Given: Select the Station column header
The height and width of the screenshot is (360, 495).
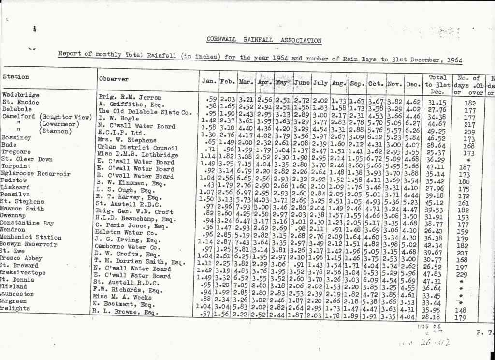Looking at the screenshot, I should pyautogui.click(x=16, y=77).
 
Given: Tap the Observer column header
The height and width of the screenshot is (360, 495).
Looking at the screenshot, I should pyautogui.click(x=114, y=79).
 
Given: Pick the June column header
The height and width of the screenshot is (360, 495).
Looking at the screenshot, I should pyautogui.click(x=302, y=82).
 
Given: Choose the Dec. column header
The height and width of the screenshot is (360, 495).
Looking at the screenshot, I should pyautogui.click(x=413, y=84).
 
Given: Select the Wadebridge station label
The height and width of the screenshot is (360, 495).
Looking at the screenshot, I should pyautogui.click(x=21, y=95).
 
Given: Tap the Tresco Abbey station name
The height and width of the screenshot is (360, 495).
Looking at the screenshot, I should pyautogui.click(x=21, y=258).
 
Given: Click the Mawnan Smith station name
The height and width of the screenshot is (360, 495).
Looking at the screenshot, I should pyautogui.click(x=22, y=209).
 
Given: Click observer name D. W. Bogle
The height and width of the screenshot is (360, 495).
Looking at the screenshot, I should pyautogui.click(x=118, y=118).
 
